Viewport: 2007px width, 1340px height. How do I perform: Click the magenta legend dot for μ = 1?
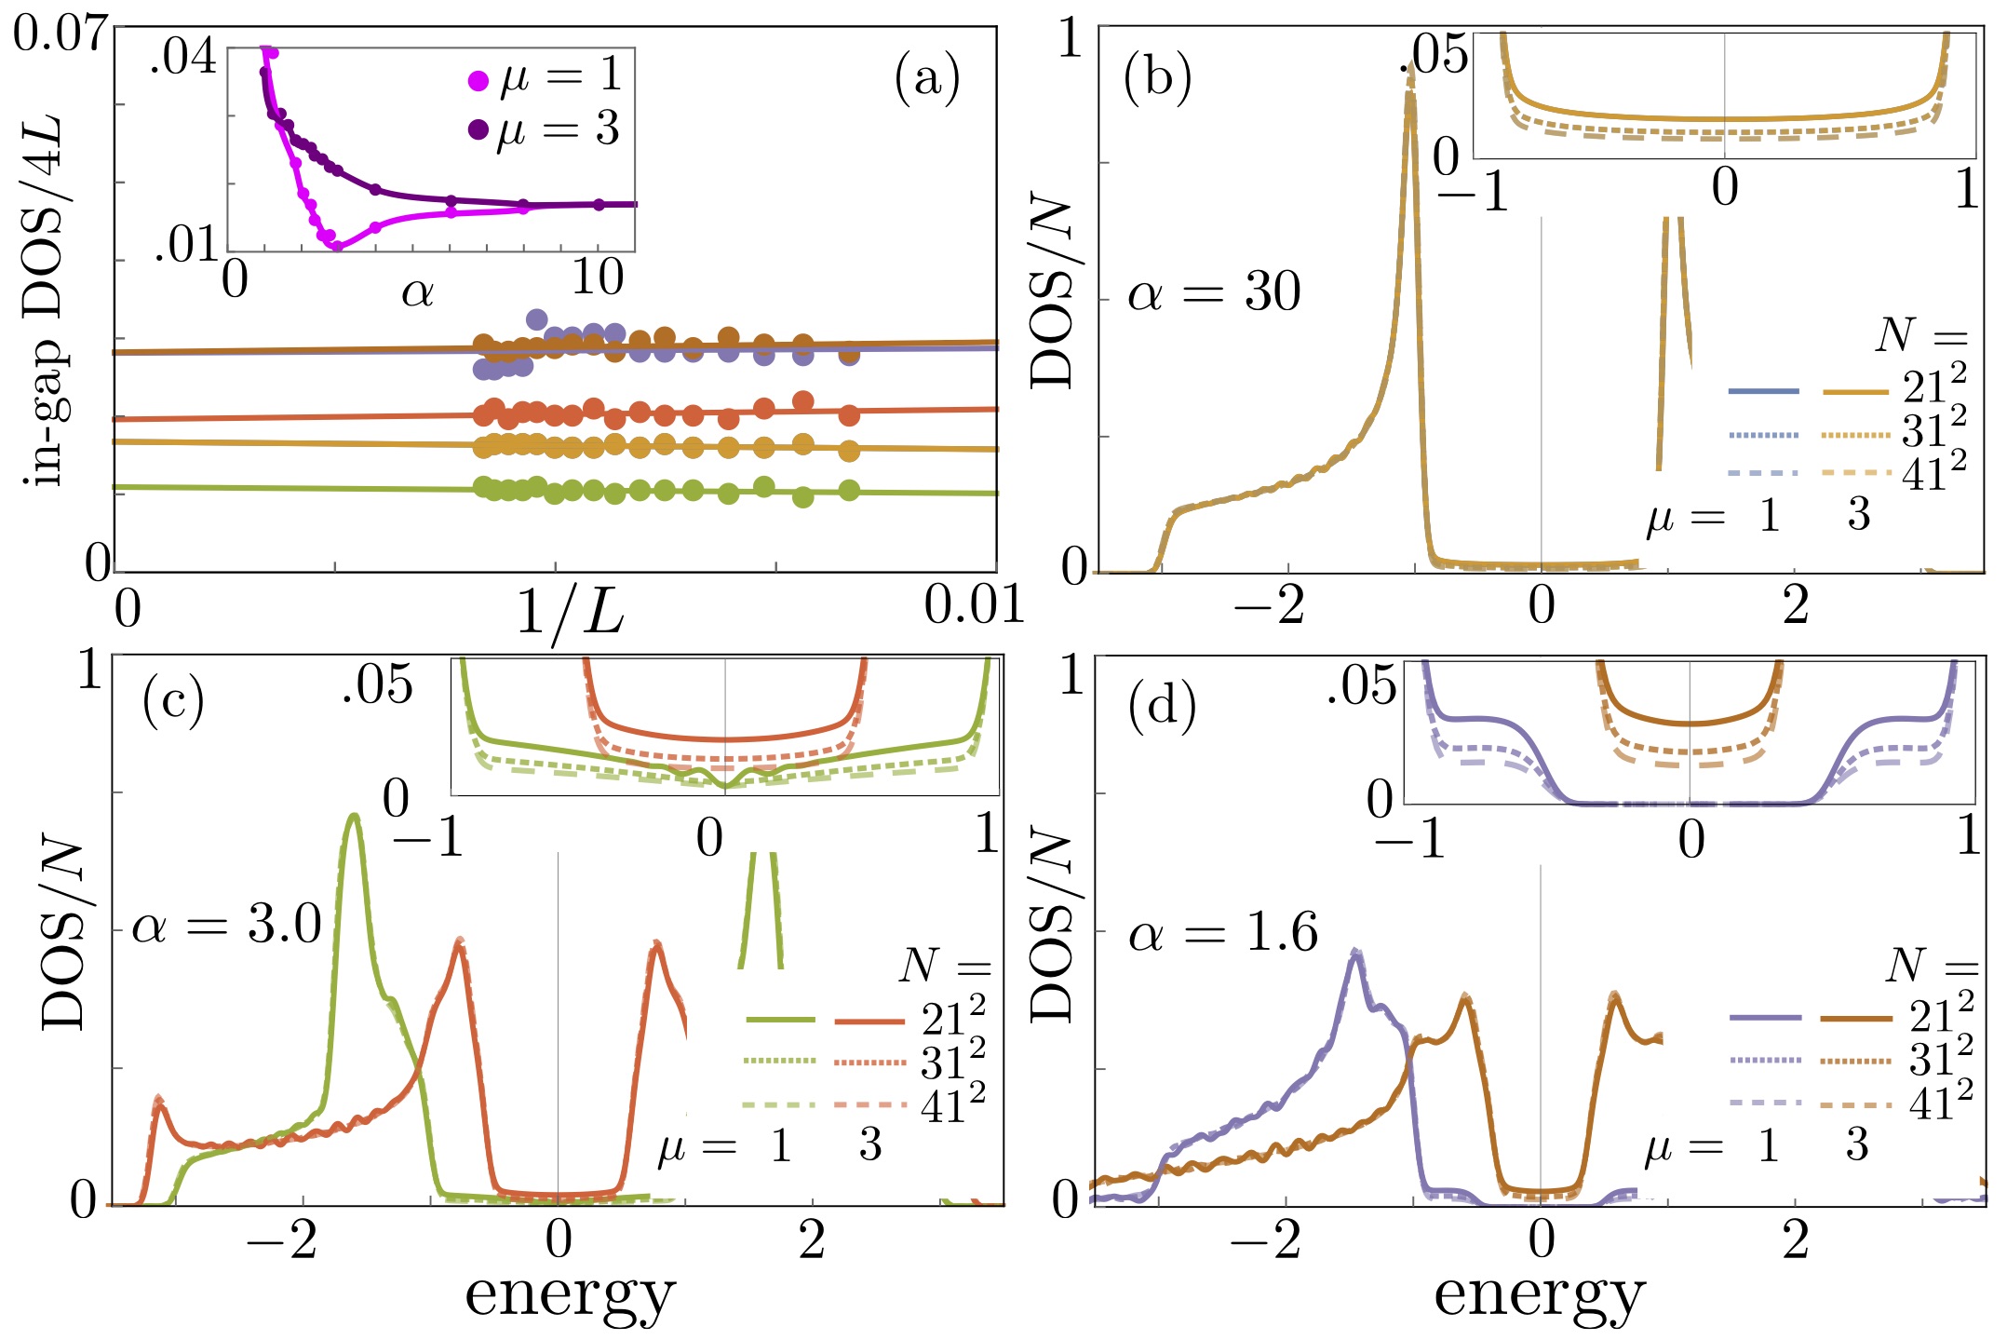tap(478, 81)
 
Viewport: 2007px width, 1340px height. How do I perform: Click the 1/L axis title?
tap(569, 615)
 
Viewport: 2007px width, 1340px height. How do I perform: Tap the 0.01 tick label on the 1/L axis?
tap(974, 606)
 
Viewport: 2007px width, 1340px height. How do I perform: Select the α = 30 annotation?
tap(1213, 293)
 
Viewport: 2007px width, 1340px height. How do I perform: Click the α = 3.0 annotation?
tap(226, 927)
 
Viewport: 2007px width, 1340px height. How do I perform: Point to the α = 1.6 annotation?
tap(1222, 933)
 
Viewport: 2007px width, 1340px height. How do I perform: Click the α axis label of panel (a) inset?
tap(417, 294)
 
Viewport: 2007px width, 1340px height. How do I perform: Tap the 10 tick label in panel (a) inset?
tap(597, 277)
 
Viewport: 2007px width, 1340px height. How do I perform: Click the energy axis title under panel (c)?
tap(569, 1294)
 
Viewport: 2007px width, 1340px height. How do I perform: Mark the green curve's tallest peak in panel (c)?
tap(353, 817)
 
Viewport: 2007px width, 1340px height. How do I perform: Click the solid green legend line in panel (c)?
tap(780, 1021)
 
